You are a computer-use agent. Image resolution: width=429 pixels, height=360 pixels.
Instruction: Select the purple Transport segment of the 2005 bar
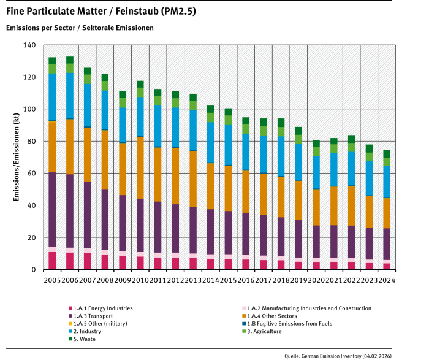coord(53,209)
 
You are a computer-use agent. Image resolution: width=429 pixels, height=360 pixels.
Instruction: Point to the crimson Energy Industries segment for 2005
coord(53,260)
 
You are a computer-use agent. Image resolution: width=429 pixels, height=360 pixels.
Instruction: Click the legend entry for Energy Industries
coord(101,308)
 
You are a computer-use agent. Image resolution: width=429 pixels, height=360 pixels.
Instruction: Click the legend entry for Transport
coord(93,316)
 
